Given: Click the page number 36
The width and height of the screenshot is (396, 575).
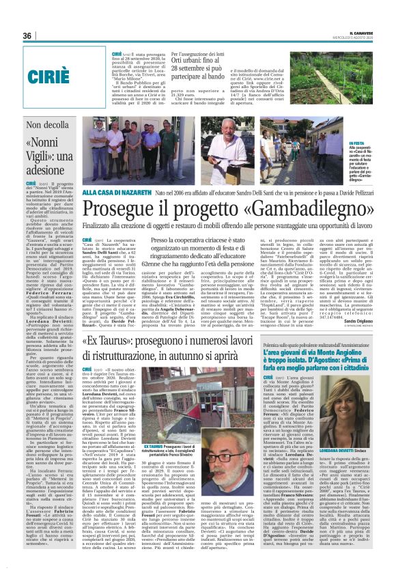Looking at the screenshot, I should [x=27, y=36].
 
